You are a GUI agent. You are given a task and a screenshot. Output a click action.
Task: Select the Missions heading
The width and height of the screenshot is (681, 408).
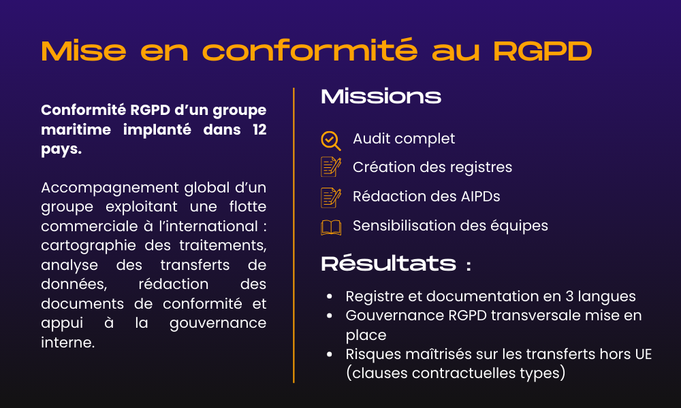[381, 97]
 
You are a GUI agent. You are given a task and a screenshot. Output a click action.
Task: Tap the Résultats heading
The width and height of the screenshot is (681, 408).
[388, 264]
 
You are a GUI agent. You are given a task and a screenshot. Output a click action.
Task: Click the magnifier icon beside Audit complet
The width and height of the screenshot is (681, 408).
[330, 139]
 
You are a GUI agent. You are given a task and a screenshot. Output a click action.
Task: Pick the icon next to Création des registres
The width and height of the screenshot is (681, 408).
[331, 167]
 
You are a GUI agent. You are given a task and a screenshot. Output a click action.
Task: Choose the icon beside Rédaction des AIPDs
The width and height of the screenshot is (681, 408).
[331, 197]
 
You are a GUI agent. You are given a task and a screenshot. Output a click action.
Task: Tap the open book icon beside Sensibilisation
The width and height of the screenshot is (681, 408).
[331, 227]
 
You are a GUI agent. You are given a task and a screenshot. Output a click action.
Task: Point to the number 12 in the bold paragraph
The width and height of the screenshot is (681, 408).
[257, 129]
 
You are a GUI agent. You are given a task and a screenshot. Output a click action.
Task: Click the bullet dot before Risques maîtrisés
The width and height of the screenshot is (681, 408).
[330, 355]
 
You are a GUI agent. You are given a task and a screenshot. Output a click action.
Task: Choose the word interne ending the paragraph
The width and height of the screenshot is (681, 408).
[66, 343]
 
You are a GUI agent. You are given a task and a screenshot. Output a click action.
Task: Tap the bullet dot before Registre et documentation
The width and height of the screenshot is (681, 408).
[330, 297]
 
